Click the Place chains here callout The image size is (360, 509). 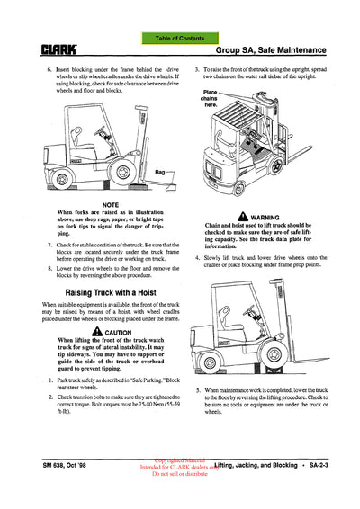(212, 97)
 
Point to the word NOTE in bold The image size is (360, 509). (94, 203)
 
